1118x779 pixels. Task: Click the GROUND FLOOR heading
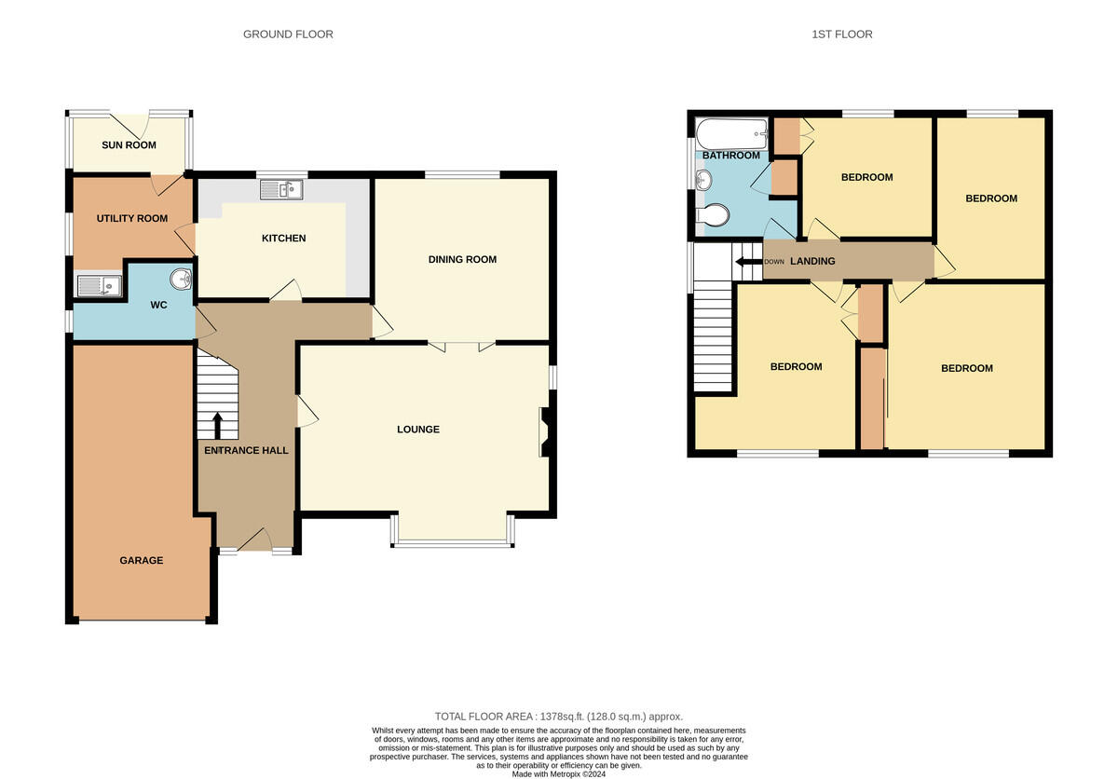click(288, 34)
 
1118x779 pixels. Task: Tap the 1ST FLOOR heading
click(842, 34)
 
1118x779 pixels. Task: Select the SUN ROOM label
click(129, 145)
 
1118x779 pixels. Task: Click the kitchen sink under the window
click(281, 190)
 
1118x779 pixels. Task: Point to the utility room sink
click(99, 286)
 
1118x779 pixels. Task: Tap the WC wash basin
click(181, 279)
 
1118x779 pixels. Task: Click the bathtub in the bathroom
click(731, 134)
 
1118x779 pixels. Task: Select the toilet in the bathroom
click(713, 215)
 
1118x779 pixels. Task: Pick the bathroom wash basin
click(703, 180)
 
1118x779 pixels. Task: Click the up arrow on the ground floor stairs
click(218, 426)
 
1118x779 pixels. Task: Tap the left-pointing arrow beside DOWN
click(749, 262)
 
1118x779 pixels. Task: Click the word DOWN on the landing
click(774, 262)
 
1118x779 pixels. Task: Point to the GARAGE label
click(142, 560)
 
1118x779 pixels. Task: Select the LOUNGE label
click(418, 430)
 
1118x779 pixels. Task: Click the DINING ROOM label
click(462, 259)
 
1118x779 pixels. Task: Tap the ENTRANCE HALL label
click(246, 451)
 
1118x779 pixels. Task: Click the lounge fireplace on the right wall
click(545, 432)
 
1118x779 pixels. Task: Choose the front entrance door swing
click(255, 540)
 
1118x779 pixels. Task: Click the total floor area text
click(558, 717)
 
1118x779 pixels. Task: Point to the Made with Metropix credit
click(558, 774)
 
